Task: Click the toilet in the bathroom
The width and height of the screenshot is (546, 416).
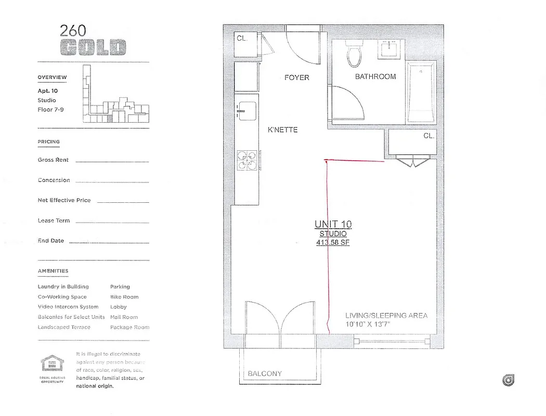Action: coord(355,56)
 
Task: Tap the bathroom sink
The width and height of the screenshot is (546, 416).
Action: coord(389,49)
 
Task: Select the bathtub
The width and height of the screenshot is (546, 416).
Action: coord(421,93)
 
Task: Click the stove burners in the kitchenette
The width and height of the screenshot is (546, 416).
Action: coord(247,160)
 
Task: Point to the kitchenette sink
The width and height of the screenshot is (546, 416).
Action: coord(246,111)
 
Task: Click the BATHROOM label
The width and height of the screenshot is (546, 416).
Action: coord(375,76)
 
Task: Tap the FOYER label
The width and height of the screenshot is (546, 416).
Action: coord(296,77)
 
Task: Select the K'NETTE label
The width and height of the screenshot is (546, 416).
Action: coord(282,129)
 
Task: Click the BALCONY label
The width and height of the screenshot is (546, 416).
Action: coord(265,373)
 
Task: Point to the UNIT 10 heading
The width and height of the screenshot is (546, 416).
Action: coord(333,225)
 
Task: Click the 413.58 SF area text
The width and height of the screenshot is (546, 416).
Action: coord(333,242)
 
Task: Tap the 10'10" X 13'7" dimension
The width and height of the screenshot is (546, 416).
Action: coord(368,324)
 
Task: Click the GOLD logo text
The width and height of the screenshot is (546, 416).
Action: coord(93,47)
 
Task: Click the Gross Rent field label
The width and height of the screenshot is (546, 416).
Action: coord(53,160)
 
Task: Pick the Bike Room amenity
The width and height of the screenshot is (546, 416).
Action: coord(124,297)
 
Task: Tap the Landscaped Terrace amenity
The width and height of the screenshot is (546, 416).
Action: coord(64,327)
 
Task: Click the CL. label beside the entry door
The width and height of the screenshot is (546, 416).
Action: coord(242,38)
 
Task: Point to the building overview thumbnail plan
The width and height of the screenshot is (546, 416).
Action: coord(115,96)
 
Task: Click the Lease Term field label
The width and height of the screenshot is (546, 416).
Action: coord(54,220)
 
